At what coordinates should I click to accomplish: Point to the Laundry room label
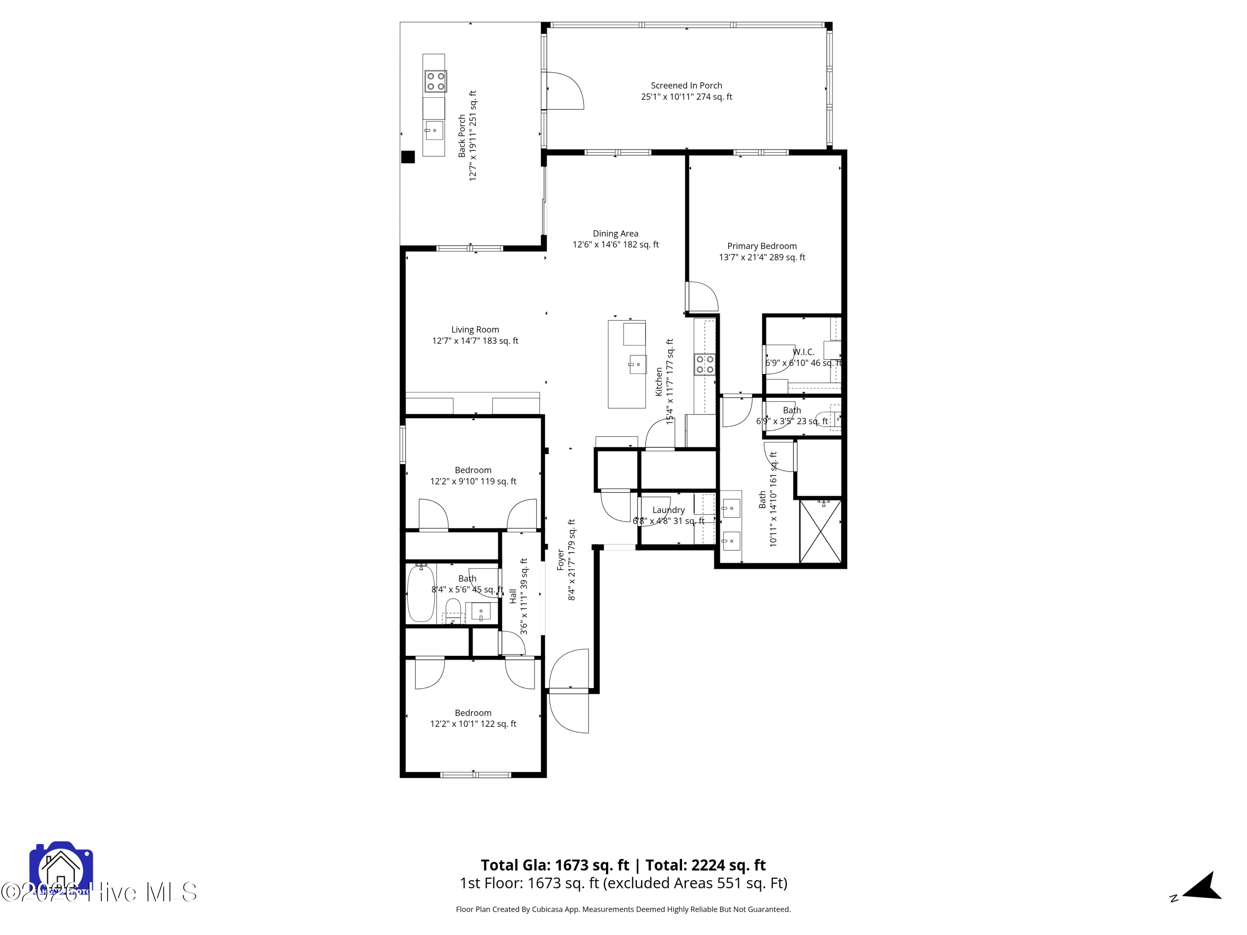(x=668, y=510)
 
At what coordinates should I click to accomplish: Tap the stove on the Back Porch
(x=435, y=81)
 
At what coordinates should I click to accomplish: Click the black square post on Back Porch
(x=408, y=157)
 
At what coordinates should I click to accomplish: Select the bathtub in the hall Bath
(x=421, y=593)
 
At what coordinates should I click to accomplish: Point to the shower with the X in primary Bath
(x=820, y=531)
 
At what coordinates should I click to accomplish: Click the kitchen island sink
(x=637, y=364)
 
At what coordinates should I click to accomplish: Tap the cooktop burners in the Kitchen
(x=704, y=364)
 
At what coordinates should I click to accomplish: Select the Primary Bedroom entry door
(x=702, y=297)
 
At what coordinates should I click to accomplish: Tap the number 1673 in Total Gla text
(x=574, y=865)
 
